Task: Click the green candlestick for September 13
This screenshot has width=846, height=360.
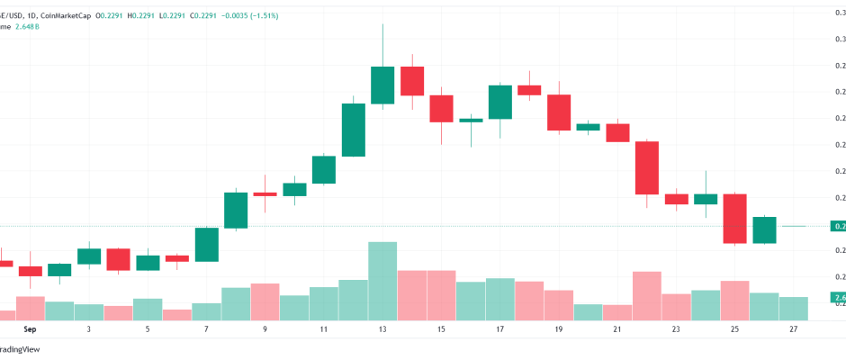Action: coord(382,85)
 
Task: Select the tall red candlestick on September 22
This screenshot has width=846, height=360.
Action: coord(647,167)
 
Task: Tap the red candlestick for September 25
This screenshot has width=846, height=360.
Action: coord(735,218)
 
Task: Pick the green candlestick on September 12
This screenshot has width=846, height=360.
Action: coord(353,130)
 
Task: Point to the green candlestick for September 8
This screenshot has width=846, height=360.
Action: coord(236,210)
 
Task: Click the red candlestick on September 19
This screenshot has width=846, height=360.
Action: coord(559,112)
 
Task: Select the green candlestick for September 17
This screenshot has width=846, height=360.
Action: coord(500,102)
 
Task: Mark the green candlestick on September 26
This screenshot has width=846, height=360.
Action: coord(764,229)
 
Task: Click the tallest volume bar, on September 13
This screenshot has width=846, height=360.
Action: coord(382,280)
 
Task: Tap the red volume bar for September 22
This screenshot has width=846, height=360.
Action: coord(647,295)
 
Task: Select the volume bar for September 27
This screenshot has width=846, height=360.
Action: coord(794,308)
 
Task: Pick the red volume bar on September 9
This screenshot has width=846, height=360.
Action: coord(265,301)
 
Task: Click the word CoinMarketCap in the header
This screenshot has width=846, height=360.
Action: coord(65,14)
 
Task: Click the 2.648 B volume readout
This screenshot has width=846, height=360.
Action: coord(28,27)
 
